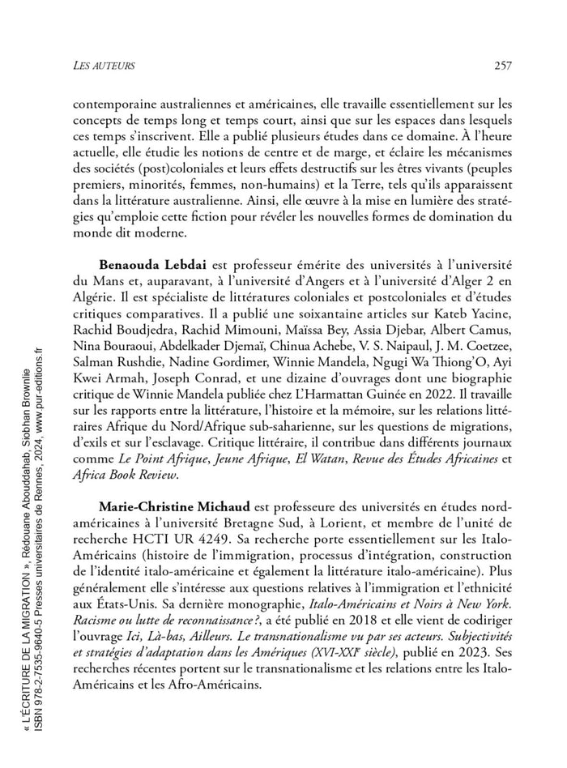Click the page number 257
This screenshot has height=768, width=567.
click(501, 66)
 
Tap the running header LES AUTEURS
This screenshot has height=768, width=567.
click(104, 66)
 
